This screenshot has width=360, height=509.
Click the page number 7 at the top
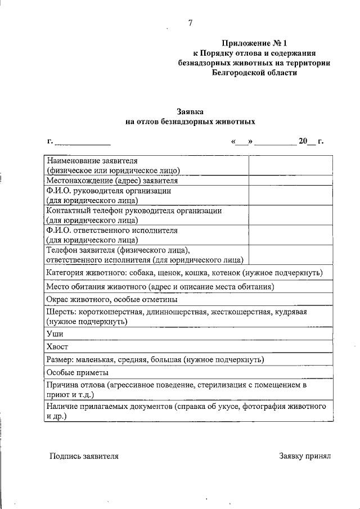click(x=190, y=22)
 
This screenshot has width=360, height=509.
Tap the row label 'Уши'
click(x=55, y=334)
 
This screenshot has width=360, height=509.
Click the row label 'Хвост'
click(x=57, y=347)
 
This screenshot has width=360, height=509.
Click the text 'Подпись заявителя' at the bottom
click(x=84, y=456)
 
